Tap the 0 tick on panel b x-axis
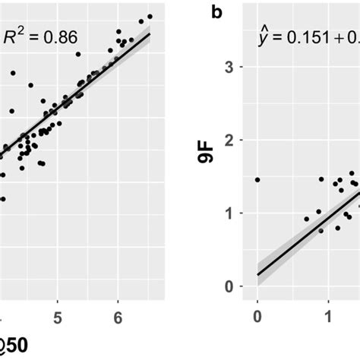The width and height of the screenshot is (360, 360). pos(257,314)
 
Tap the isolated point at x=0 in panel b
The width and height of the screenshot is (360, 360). pos(257,180)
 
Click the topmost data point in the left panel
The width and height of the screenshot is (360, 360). pos(150,16)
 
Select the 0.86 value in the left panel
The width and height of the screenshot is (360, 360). pos(59,36)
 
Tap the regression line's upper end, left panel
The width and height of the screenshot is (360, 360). pos(150,33)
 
